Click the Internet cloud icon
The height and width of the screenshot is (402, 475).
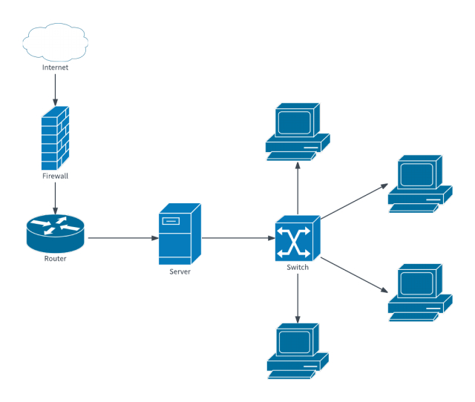pyautogui.click(x=55, y=42)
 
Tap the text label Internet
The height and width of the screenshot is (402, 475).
pyautogui.click(x=55, y=67)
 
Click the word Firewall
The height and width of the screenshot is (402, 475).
pyautogui.click(x=55, y=177)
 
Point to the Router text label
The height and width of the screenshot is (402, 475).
pyautogui.click(x=55, y=259)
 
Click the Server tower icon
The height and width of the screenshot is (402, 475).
pyautogui.click(x=179, y=234)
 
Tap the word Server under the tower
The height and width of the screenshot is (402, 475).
pyautogui.click(x=179, y=272)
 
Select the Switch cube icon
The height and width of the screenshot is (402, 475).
pyautogui.click(x=298, y=238)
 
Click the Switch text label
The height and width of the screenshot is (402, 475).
pyautogui.click(x=298, y=267)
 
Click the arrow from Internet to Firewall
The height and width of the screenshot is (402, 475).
pyautogui.click(x=55, y=88)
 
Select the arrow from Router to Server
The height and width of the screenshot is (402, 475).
pyautogui.click(x=122, y=238)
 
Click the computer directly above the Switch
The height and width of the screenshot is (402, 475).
pyautogui.click(x=298, y=132)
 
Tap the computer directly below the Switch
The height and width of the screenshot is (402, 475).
pyautogui.click(x=298, y=351)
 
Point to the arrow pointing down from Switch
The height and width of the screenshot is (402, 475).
pyautogui.click(x=298, y=297)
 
